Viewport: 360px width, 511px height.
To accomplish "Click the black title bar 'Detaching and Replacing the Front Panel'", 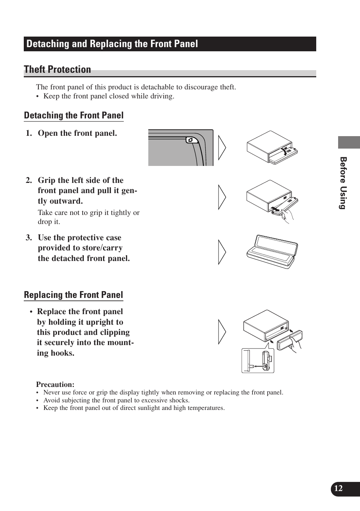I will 170,44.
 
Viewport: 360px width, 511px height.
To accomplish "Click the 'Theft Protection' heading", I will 57,69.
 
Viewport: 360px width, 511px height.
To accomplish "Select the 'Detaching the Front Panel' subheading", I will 74,115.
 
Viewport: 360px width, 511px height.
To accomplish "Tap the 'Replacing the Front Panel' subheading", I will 73,295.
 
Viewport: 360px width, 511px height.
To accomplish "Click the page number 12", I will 338,488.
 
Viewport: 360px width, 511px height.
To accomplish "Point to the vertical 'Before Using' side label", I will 343,183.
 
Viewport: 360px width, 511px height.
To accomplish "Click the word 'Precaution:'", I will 55,385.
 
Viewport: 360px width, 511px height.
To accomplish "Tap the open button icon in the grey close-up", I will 190,140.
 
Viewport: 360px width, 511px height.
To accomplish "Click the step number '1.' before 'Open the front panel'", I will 29,133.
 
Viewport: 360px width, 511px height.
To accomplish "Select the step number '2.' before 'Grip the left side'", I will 29,180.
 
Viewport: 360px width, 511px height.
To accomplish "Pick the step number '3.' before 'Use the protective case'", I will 29,238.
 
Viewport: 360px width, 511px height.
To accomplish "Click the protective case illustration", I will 272,252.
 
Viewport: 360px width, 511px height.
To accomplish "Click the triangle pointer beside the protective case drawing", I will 222,252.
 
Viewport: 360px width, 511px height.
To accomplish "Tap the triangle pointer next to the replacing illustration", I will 222,332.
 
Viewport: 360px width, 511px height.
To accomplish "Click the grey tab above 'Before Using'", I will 349,142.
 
